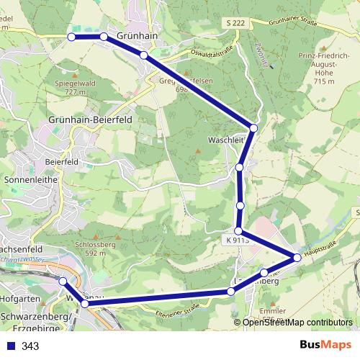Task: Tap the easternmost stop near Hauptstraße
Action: tap(297, 257)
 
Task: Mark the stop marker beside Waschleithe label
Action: tap(253, 127)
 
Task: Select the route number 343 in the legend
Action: tap(30, 346)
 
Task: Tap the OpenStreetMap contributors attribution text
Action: tap(297, 323)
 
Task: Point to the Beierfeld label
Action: tap(61, 162)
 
